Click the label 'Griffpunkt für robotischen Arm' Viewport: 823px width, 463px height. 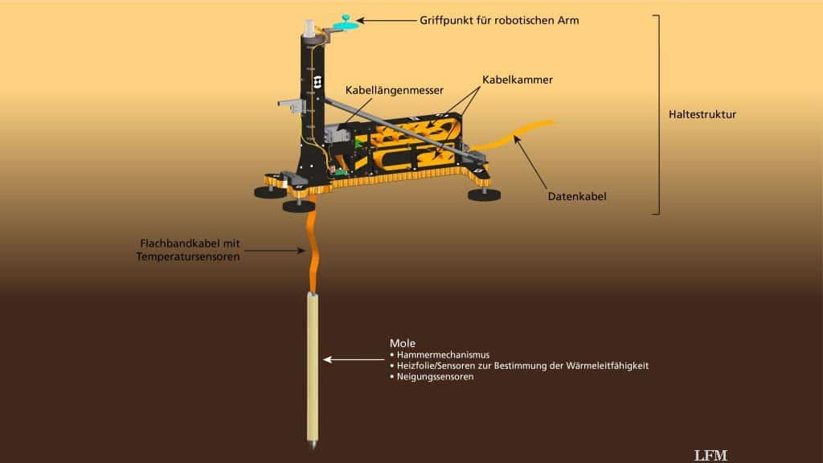pyautogui.click(x=499, y=20)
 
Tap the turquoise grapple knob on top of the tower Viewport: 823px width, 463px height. pyautogui.click(x=346, y=23)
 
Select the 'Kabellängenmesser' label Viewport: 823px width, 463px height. pyautogui.click(x=394, y=90)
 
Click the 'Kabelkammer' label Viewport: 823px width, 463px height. pyautogui.click(x=518, y=80)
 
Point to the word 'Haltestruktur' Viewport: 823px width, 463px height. pyautogui.click(x=702, y=114)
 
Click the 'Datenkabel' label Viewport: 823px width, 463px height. pyautogui.click(x=577, y=196)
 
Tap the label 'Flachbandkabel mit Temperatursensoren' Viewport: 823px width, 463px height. pyautogui.click(x=188, y=250)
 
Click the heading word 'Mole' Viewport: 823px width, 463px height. pyautogui.click(x=403, y=343)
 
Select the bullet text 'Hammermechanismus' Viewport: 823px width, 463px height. pyautogui.click(x=443, y=354)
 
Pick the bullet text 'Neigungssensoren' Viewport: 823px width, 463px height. pyautogui.click(x=435, y=376)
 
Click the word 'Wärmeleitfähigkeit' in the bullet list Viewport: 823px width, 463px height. pyautogui.click(x=608, y=366)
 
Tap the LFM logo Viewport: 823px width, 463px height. pyautogui.click(x=710, y=455)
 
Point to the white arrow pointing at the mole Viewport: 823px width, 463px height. pyautogui.click(x=354, y=359)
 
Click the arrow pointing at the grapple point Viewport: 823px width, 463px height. pyautogui.click(x=387, y=20)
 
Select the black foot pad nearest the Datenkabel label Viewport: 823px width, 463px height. pyautogui.click(x=484, y=195)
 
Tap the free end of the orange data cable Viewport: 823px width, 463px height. pyautogui.click(x=552, y=123)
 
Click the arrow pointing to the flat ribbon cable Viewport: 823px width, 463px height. pyautogui.click(x=275, y=251)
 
